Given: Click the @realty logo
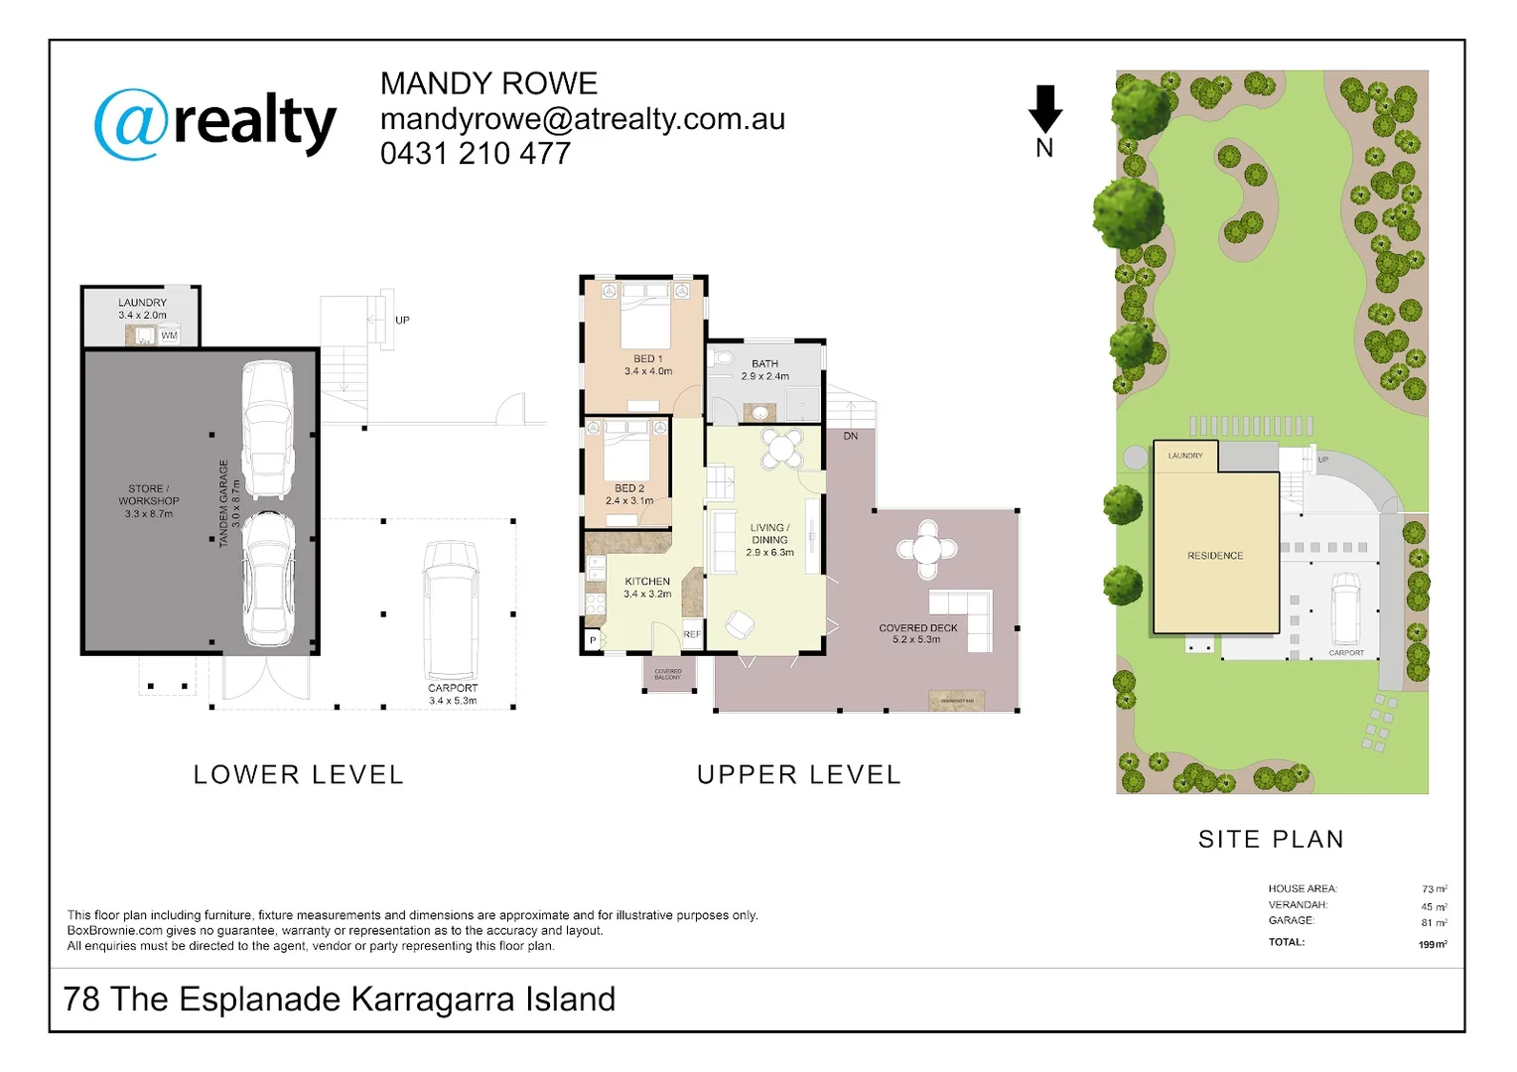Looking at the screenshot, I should (x=215, y=123).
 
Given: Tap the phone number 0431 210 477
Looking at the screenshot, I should (x=475, y=154).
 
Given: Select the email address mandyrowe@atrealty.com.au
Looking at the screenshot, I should (x=582, y=119).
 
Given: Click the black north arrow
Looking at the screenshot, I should (x=1044, y=109).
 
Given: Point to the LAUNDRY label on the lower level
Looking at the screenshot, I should (x=142, y=303).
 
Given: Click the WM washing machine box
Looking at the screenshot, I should (x=169, y=335).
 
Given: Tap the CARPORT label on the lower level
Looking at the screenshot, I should (x=453, y=688).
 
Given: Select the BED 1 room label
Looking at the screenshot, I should (x=647, y=359).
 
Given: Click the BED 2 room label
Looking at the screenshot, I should (x=629, y=488).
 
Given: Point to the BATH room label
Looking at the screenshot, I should (x=764, y=364).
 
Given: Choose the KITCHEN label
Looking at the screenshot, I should (x=647, y=582).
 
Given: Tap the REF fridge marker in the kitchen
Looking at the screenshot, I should (x=692, y=634).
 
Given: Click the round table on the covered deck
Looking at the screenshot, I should (x=926, y=549).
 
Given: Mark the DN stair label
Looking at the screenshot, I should (x=851, y=437).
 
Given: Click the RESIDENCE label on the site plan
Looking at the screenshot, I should (x=1215, y=556).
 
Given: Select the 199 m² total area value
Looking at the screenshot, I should (x=1432, y=944).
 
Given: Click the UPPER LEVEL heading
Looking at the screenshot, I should (x=799, y=775).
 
